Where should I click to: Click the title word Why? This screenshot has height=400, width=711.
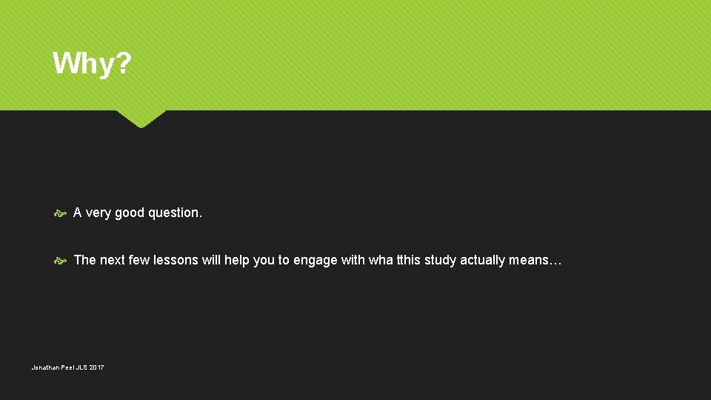[92, 64]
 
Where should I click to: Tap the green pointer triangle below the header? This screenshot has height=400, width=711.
[141, 118]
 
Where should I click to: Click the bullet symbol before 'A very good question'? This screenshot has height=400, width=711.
[61, 213]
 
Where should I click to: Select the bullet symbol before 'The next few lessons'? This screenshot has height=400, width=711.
[61, 261]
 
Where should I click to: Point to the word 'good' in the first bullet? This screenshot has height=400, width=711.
[130, 213]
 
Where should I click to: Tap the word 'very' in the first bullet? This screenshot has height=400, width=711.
[99, 213]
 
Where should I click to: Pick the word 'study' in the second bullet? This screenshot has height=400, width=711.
[441, 261]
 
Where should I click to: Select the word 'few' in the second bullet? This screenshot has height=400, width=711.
[139, 260]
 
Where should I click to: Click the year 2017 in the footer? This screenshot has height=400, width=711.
[96, 367]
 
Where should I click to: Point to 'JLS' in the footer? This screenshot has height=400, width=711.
[80, 367]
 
